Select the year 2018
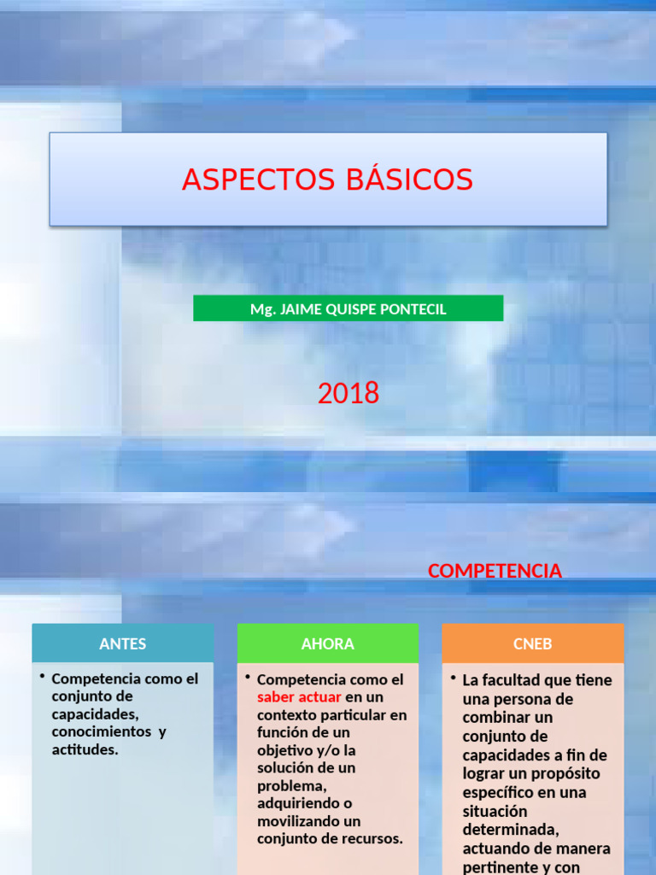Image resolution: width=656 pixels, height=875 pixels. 348,393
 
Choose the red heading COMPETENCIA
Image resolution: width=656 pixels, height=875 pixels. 495,571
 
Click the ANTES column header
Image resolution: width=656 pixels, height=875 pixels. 123,644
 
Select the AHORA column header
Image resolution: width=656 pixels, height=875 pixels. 328,644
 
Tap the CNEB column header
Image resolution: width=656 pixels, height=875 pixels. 533,644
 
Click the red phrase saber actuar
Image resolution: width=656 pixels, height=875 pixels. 299,697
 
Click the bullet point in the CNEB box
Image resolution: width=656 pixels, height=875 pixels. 454,678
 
